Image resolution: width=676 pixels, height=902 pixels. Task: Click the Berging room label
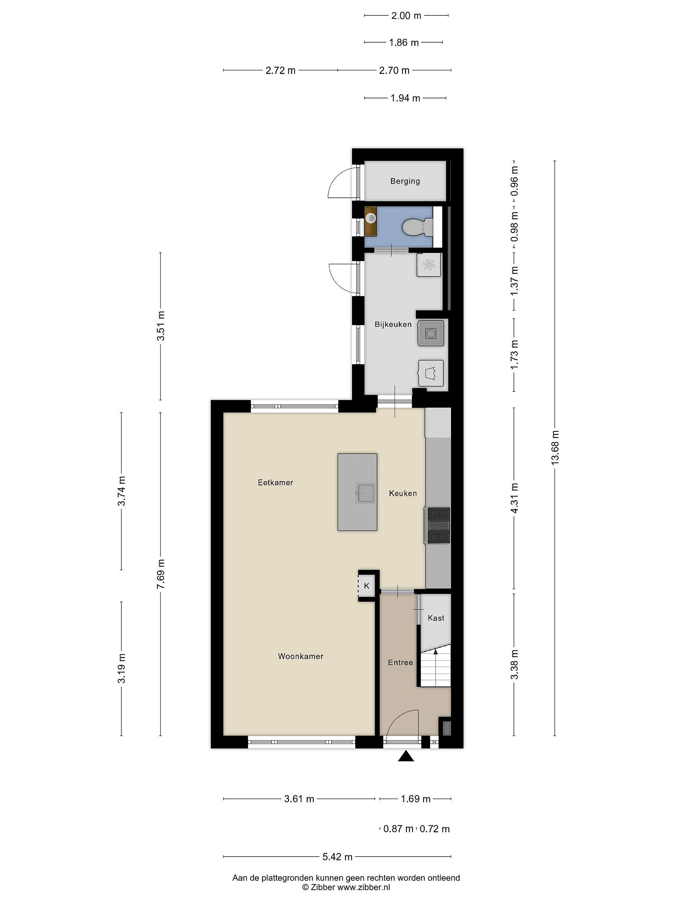(x=405, y=181)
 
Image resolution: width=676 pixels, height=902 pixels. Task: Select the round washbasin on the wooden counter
(x=371, y=218)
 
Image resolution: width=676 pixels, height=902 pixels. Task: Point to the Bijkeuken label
(x=393, y=324)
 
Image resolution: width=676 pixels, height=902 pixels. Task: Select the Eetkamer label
(x=275, y=482)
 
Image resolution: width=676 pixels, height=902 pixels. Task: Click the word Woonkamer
(x=301, y=656)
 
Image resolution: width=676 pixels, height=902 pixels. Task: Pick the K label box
(x=366, y=586)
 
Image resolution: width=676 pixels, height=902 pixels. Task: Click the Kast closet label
(x=436, y=618)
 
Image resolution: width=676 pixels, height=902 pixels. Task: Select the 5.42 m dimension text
(x=337, y=857)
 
